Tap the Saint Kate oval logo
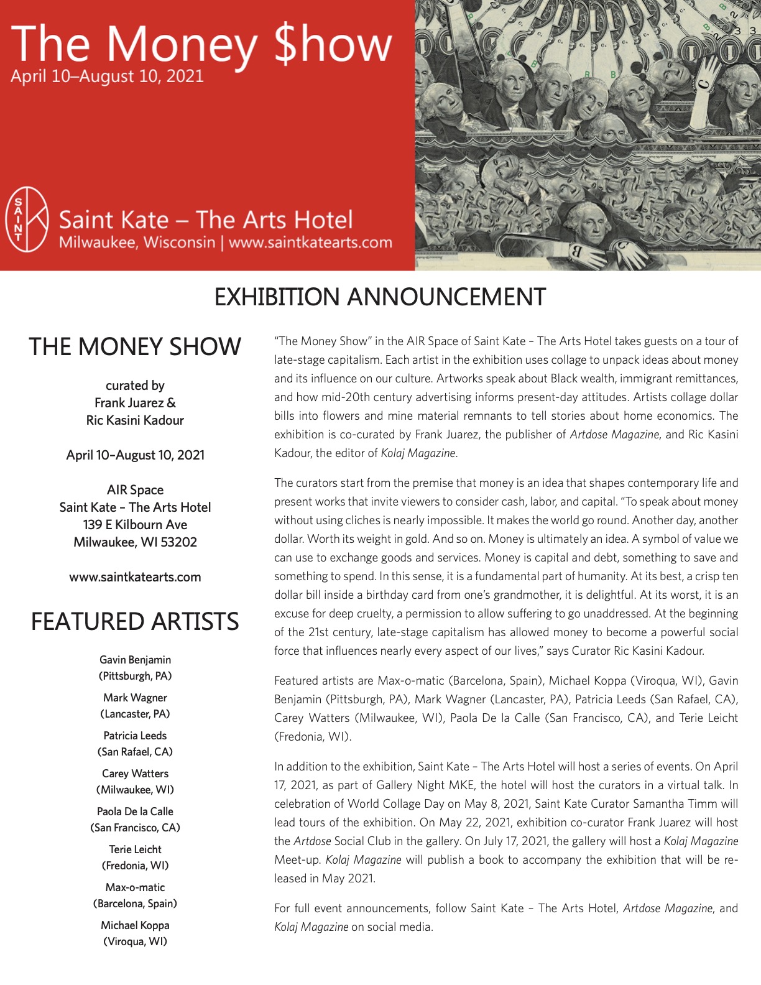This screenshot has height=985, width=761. pyautogui.click(x=27, y=219)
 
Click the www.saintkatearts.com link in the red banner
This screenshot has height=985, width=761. pyautogui.click(x=310, y=243)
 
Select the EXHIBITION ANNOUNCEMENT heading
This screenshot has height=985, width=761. pyautogui.click(x=380, y=297)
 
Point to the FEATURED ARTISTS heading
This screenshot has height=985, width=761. pyautogui.click(x=135, y=621)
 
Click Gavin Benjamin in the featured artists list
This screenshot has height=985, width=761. pyautogui.click(x=135, y=660)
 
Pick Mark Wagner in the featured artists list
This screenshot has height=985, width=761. pyautogui.click(x=135, y=698)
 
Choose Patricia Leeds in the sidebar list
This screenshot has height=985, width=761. pyautogui.click(x=135, y=736)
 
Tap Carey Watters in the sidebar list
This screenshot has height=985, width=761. pyautogui.click(x=135, y=774)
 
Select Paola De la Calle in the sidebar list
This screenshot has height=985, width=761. pyautogui.click(x=135, y=812)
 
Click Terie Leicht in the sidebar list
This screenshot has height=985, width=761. pyautogui.click(x=135, y=849)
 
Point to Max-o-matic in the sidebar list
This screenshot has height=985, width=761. pyautogui.click(x=135, y=887)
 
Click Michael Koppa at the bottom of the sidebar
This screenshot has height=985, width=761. pyautogui.click(x=135, y=925)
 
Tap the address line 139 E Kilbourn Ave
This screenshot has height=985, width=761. pyautogui.click(x=135, y=525)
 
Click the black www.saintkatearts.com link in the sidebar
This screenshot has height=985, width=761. pyautogui.click(x=135, y=577)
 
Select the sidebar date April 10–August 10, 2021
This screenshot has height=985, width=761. pyautogui.click(x=135, y=455)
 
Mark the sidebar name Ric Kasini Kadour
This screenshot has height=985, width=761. pyautogui.click(x=135, y=420)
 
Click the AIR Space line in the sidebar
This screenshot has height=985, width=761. pyautogui.click(x=135, y=490)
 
